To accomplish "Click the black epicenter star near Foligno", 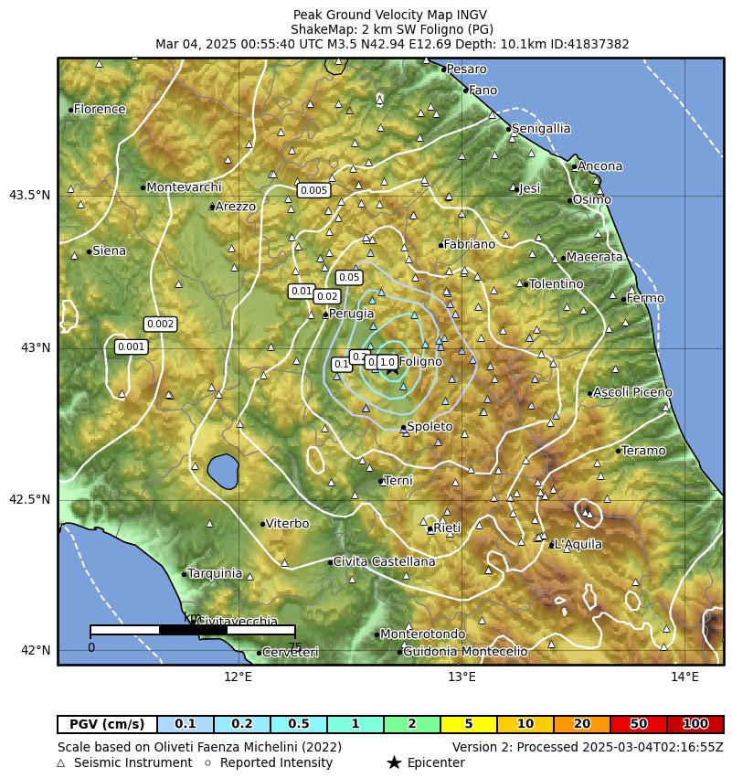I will [392, 368].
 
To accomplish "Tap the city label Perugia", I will [351, 314].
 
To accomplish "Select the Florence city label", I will [99, 109].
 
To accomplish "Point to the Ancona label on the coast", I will [599, 166].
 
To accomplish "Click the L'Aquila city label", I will [578, 544].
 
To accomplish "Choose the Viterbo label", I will [287, 524].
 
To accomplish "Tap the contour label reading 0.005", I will [313, 190].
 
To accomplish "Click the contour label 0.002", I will [160, 324].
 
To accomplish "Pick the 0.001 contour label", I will [131, 346].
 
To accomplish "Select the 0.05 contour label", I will [349, 277].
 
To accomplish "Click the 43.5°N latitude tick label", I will [29, 195].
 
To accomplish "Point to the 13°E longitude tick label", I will [461, 677].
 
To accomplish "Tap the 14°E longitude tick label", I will [684, 677].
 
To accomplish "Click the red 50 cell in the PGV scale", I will [638, 724].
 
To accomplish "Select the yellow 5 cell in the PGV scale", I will [468, 724].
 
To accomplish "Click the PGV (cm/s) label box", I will [107, 724].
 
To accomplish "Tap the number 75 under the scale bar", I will [294, 647].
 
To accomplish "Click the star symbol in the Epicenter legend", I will [394, 762].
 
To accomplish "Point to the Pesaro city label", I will [466, 69].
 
